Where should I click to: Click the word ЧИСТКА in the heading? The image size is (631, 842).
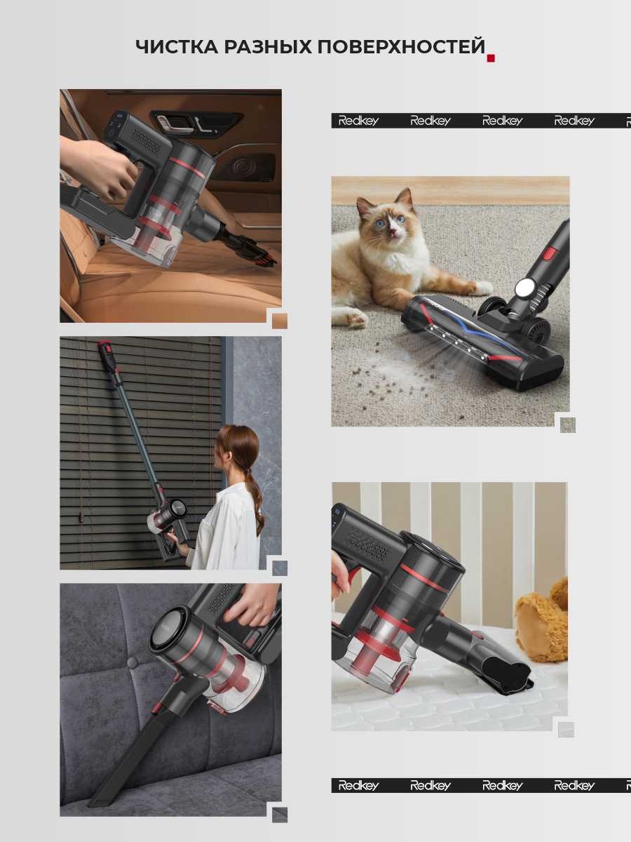(x=177, y=47)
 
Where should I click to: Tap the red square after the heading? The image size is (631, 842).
(x=491, y=58)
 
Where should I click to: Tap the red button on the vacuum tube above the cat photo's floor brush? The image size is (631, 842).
(x=551, y=253)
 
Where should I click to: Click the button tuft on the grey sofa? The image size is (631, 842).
(x=133, y=662)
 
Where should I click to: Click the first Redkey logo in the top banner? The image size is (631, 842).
(x=358, y=121)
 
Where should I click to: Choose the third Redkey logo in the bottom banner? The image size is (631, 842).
(x=502, y=785)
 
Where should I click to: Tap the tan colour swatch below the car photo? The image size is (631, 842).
(x=280, y=321)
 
